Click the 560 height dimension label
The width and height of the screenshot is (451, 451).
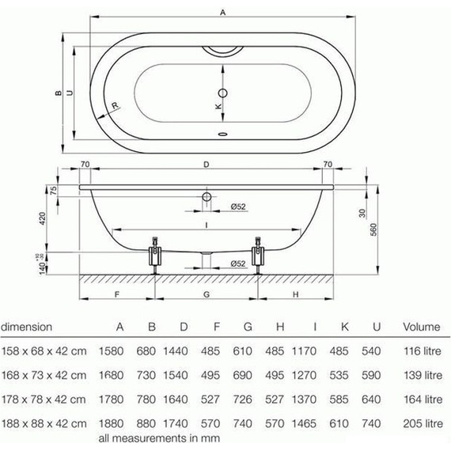tap(373, 229)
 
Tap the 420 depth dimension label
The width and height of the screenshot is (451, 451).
tap(42, 218)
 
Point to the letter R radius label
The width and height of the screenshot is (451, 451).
tap(115, 105)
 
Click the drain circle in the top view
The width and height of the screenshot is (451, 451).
tap(223, 93)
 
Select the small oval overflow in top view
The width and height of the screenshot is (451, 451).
tap(223, 134)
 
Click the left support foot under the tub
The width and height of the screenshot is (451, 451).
tap(155, 256)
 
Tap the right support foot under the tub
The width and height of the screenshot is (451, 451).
tap(258, 256)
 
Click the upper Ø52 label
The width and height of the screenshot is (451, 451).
tap(238, 207)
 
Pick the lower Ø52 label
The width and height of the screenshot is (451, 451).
tap(238, 263)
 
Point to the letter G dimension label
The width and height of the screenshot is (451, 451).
tap(207, 294)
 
